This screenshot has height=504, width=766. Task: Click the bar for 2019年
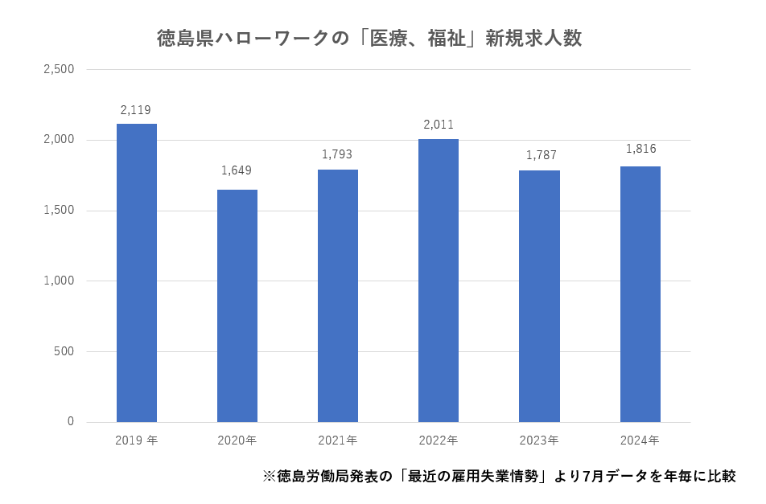(137, 273)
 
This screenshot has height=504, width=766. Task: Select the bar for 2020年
(237, 306)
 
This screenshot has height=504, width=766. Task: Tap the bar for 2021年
(338, 296)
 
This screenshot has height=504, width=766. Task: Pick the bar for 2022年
(439, 281)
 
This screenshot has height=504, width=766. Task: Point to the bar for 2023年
(539, 297)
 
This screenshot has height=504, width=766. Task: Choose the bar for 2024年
(640, 294)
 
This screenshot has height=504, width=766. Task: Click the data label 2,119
(136, 110)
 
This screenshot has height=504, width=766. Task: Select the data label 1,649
(237, 170)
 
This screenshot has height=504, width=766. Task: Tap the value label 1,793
(337, 154)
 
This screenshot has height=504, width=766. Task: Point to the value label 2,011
(439, 125)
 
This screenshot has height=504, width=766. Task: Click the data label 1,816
(641, 149)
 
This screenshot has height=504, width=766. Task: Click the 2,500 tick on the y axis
(59, 70)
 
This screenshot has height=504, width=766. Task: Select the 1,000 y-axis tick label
(59, 281)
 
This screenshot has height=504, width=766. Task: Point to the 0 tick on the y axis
(71, 422)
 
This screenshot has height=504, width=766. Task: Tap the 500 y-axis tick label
(64, 351)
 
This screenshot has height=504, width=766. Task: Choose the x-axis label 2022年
(439, 440)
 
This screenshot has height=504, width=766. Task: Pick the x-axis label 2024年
(640, 440)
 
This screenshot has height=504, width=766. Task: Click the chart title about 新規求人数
(369, 39)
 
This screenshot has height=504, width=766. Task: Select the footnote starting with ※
(499, 476)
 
